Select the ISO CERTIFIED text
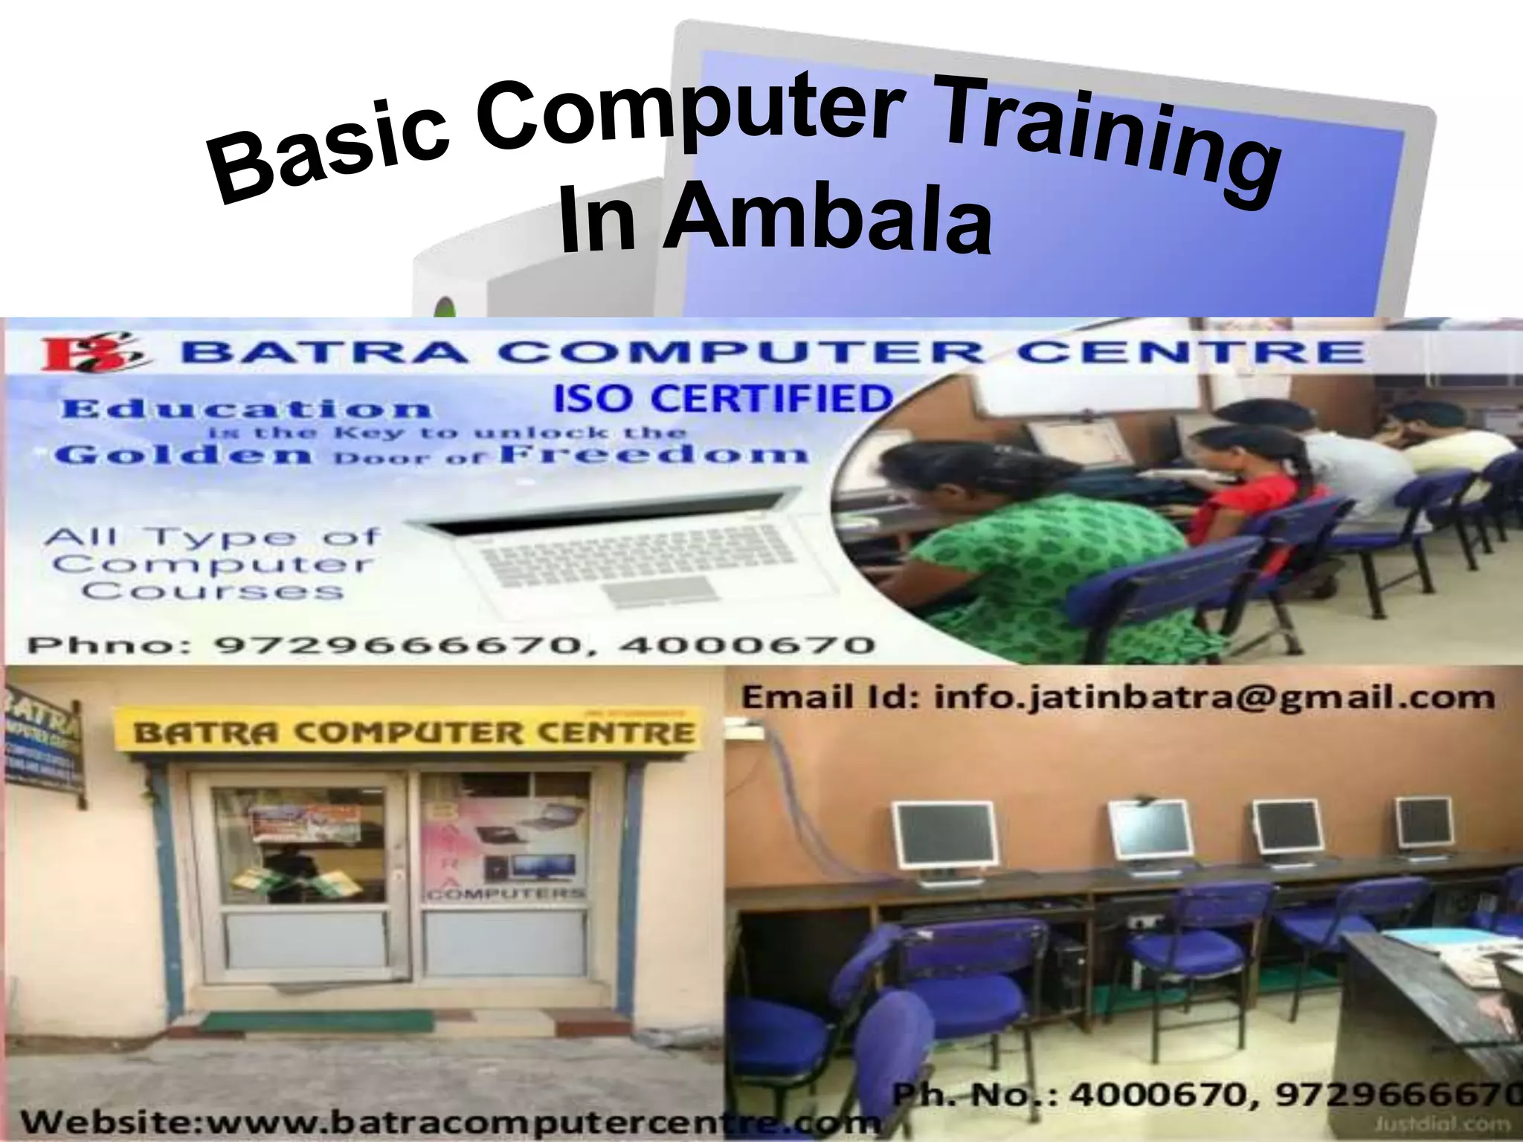(722, 399)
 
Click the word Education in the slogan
(246, 408)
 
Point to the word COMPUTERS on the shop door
(505, 892)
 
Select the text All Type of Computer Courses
(211, 564)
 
